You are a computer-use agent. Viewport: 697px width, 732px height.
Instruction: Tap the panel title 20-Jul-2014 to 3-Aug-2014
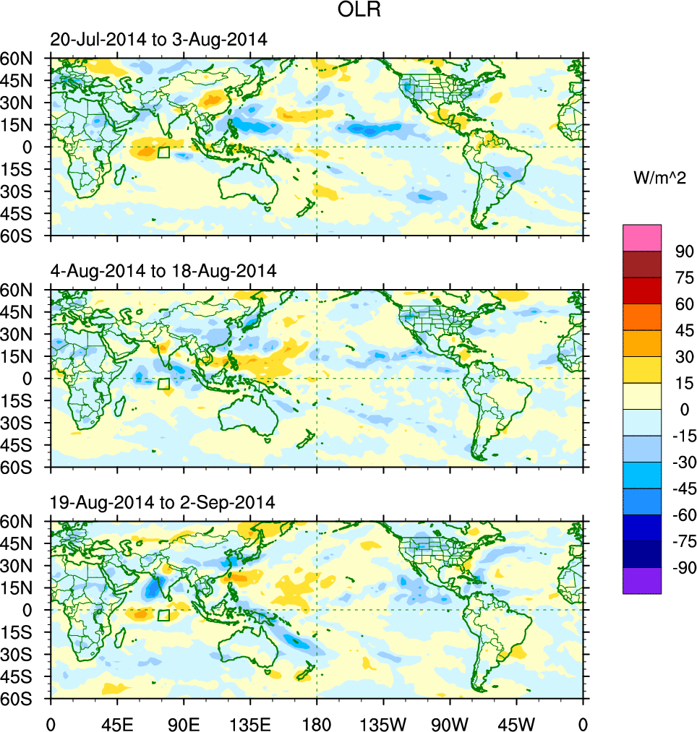point(159,40)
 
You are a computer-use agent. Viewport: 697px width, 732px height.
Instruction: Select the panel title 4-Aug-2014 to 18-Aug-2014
point(163,271)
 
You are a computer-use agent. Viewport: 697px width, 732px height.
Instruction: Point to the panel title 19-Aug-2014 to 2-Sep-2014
point(163,502)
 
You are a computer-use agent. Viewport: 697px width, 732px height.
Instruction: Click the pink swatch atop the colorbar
point(642,237)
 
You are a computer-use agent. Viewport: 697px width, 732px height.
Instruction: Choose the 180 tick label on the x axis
point(317,723)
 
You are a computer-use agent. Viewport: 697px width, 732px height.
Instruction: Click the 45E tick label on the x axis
point(117,723)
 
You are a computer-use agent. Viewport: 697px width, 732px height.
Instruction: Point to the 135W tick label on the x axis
point(383,723)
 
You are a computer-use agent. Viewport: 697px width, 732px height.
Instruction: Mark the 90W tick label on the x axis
point(450,723)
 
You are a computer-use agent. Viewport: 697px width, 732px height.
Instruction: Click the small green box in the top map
point(163,152)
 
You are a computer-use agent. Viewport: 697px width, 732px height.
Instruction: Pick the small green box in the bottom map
point(163,615)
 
